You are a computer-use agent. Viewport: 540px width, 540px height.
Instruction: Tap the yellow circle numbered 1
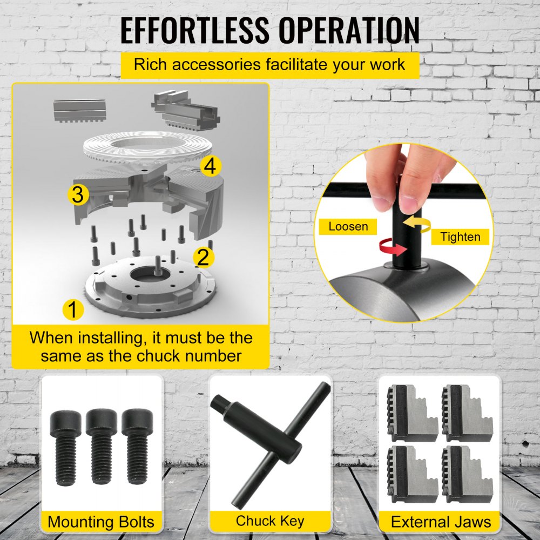pos(73,309)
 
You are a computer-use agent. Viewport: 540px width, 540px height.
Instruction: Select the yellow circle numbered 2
pos(203,257)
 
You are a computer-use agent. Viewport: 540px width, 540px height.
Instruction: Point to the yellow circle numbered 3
pos(78,194)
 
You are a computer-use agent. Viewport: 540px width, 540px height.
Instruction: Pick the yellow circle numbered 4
pos(211,166)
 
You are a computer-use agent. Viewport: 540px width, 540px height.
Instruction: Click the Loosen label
pos(348,227)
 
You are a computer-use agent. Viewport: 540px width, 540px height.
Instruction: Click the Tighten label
pos(460,237)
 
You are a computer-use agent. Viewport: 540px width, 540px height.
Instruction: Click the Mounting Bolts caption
pos(101,522)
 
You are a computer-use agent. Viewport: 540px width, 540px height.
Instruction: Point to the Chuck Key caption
pos(270,521)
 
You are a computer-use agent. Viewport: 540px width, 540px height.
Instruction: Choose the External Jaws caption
pos(441,522)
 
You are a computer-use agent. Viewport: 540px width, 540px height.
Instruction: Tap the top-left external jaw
pos(412,413)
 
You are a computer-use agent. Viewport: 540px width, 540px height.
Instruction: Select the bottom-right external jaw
pos(467,474)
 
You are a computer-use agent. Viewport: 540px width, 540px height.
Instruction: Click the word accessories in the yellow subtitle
pos(215,65)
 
